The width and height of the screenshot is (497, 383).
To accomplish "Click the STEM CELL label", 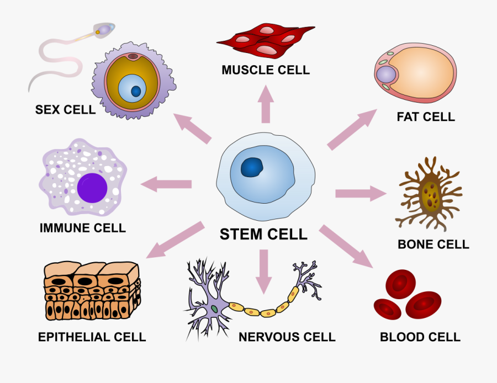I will click(x=263, y=234).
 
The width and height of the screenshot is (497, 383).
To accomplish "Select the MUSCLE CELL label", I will click(x=266, y=70).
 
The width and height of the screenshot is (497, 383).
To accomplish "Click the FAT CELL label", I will click(x=425, y=117).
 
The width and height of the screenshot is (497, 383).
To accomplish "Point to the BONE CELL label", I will click(x=433, y=244).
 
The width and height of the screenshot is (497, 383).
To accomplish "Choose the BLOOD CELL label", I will click(x=420, y=337).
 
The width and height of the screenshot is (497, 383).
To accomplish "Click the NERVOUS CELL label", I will click(x=287, y=337).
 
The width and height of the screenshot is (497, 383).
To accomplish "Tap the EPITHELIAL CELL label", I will click(x=92, y=337).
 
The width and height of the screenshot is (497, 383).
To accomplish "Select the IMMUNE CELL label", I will click(x=83, y=227).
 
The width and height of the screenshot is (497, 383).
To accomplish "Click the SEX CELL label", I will click(x=65, y=109).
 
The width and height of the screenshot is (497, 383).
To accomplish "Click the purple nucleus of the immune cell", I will click(x=92, y=187).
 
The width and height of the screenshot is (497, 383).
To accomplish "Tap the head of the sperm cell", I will click(x=103, y=29).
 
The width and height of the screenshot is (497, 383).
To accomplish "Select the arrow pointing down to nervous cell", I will click(x=263, y=270).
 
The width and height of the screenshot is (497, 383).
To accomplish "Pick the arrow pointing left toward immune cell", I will click(x=166, y=184).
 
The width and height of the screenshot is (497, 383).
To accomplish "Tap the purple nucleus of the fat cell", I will click(x=386, y=75).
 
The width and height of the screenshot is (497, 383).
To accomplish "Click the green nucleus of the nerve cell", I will click(x=213, y=308).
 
